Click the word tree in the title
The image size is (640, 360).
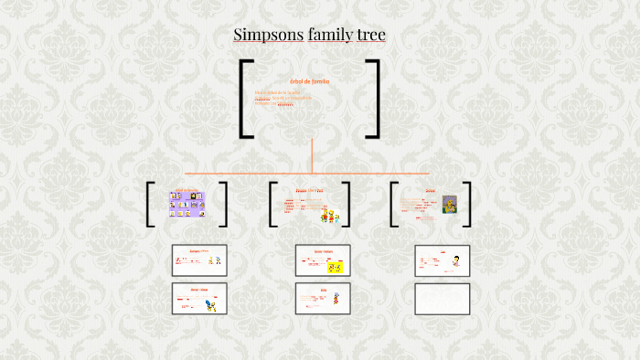point(372,36)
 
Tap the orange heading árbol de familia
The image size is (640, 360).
point(309,81)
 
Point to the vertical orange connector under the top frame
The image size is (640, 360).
point(312,155)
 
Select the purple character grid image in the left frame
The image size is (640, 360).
point(186,203)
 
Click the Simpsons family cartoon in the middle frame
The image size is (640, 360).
point(330,212)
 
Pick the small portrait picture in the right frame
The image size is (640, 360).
point(449,204)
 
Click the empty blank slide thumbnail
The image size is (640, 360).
point(442,299)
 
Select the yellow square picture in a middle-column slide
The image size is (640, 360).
point(335,268)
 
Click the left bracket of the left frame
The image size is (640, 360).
point(150,204)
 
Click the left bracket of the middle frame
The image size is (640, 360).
point(272,204)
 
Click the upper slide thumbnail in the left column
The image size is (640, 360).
point(199,260)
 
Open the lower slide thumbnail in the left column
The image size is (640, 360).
point(199,299)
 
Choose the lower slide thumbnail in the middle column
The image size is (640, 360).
point(323,299)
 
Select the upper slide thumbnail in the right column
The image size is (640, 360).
point(442,260)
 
